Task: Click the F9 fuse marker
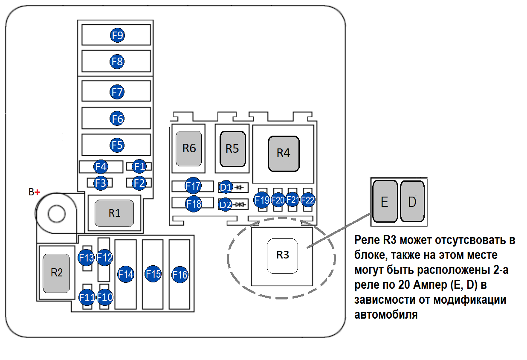pos(117,35)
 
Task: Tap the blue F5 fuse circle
pos(117,145)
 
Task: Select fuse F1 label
pos(139,166)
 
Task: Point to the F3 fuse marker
pos(101,183)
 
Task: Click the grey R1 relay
pos(114,213)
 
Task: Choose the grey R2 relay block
pos(56,273)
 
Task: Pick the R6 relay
pos(189,148)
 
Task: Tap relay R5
pos(233,148)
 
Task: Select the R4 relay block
pos(283,153)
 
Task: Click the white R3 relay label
pos(282,255)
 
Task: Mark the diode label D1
pos(226,187)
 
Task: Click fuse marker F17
pos(193,186)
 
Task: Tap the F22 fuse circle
pos(308,200)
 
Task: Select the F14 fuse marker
pos(126,274)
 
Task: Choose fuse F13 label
pos(87,258)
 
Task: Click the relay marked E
pos(385,202)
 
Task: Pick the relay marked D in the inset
pos(412,202)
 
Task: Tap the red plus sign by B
pos(38,192)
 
